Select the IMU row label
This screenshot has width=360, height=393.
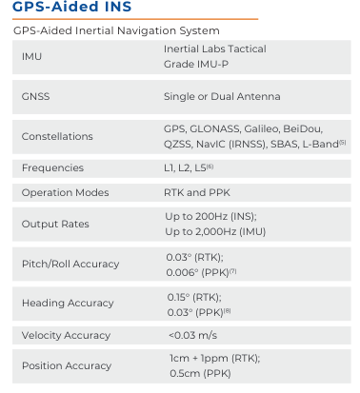pos(31,56)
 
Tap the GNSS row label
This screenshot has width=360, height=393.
pos(35,96)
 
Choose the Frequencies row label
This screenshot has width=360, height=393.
pos(53,168)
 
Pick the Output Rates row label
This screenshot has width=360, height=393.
pos(55,225)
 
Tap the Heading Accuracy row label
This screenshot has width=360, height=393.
pos(64,304)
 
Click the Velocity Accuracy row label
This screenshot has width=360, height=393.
pos(66,336)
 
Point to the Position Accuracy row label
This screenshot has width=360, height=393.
pos(66,366)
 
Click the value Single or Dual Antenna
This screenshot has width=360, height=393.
pos(222,96)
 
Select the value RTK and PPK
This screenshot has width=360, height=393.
pos(197,193)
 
